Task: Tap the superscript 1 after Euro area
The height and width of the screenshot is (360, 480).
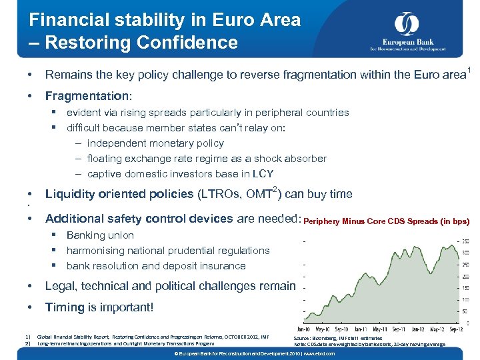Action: tap(469, 70)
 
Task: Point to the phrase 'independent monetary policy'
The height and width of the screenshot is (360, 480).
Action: tap(155, 143)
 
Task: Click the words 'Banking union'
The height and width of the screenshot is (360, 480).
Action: tap(100, 235)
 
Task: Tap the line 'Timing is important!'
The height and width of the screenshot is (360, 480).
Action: tap(99, 307)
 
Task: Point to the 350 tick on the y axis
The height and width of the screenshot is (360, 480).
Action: tap(464, 241)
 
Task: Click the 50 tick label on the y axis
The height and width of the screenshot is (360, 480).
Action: tap(465, 311)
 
